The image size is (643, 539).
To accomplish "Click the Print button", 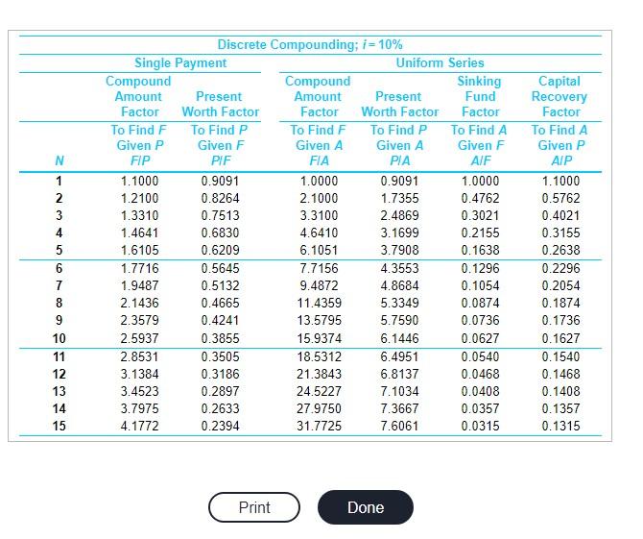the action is tap(254, 507).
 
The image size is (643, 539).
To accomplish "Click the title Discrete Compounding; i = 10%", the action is tap(310, 45).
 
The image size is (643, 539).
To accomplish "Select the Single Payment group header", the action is tap(180, 62).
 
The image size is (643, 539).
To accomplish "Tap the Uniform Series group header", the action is tap(440, 62).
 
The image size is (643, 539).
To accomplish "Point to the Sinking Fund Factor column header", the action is tap(480, 96).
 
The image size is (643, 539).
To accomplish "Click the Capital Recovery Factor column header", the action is tap(560, 96).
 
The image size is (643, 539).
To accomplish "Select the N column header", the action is tap(60, 160).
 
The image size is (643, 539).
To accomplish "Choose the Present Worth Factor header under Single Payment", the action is tap(221, 104).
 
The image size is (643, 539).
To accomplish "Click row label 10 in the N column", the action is tap(60, 338).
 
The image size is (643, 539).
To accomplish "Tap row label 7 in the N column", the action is tap(60, 285).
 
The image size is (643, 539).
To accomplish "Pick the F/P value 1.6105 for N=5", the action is tap(140, 250).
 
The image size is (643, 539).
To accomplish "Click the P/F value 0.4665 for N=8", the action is tap(220, 303).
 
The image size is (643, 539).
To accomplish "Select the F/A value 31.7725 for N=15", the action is tap(319, 426).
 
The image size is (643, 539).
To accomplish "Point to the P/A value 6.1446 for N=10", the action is tap(399, 338).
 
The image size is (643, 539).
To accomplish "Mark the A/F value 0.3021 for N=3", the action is tap(480, 215).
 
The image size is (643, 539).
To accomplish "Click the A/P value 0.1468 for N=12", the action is tap(560, 374).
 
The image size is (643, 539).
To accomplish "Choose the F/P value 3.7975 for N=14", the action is tap(140, 408).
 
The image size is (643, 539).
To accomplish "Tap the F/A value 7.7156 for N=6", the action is tap(319, 268).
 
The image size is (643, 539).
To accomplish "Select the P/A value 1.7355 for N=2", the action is tap(399, 198).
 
